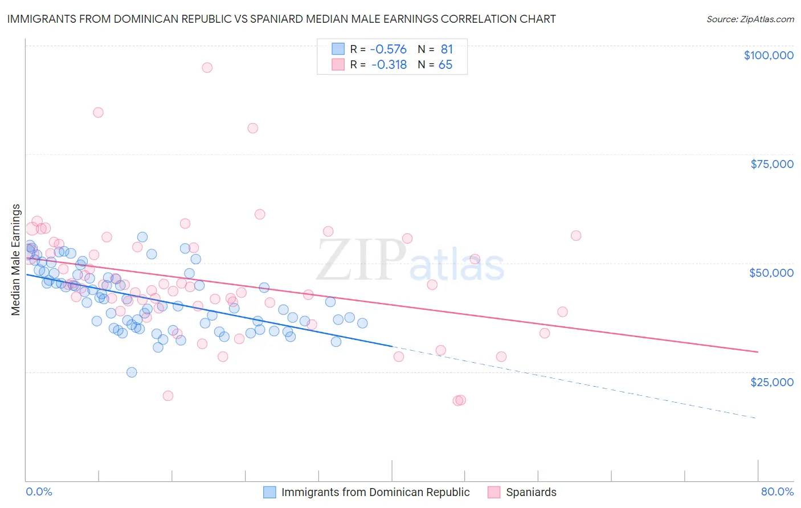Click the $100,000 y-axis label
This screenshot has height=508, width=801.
pos(769,55)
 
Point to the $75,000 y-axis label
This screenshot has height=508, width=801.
pos(772,164)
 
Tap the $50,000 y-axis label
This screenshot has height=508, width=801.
pos(771,273)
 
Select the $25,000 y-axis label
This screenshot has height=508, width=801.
pos(772,382)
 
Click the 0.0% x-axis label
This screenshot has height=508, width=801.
pos(39,491)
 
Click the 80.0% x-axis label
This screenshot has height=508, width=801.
pos(777,491)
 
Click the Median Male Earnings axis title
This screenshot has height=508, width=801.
pos(16,259)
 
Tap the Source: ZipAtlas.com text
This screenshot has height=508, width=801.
pos(750,19)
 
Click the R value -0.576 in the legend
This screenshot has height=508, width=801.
pos(389,50)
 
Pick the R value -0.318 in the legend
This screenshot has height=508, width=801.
pos(389,65)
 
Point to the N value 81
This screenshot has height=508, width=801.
pos(447,50)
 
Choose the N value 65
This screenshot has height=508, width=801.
pos(446,65)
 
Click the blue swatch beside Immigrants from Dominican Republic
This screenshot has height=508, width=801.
pos(269,492)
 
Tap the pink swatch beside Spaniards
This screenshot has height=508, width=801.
pos(494,492)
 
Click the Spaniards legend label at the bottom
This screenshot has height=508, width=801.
pos(531,492)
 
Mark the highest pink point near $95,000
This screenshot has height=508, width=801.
pos(207,68)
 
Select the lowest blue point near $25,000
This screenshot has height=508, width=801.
pos(132,372)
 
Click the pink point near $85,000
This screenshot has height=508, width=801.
pos(98,113)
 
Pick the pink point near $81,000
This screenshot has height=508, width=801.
pos(253,128)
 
